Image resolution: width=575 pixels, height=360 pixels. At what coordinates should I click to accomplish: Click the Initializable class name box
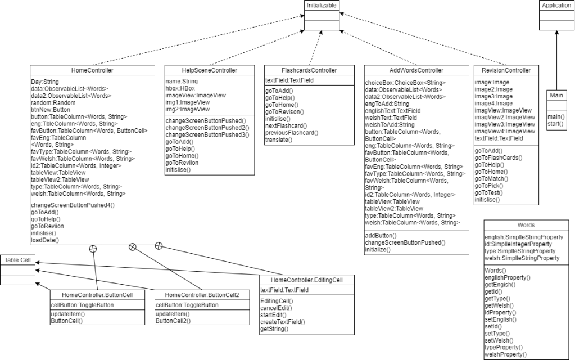pos(322,6)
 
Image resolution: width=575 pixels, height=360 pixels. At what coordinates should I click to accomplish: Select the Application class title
pos(556,6)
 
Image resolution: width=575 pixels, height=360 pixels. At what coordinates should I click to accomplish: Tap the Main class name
pos(556,96)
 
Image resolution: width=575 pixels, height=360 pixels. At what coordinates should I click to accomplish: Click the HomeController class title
pos(93,70)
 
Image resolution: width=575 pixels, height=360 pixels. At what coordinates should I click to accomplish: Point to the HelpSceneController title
pos(209,70)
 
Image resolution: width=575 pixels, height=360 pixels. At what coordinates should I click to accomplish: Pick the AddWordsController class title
pos(416,70)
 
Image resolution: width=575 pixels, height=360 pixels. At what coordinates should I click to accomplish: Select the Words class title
pos(526,225)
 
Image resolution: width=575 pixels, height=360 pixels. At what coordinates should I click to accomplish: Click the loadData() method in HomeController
pos(46,240)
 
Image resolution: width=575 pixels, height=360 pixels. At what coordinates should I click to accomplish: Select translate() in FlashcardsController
pos(279,139)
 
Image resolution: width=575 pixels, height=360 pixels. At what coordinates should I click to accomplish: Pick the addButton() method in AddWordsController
pos(381,235)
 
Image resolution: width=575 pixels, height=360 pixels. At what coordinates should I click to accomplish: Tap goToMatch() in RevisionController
pos(492,179)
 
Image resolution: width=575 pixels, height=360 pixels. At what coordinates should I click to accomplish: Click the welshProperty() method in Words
pos(505,354)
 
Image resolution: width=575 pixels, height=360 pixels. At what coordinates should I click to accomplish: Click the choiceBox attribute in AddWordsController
pos(405,83)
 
